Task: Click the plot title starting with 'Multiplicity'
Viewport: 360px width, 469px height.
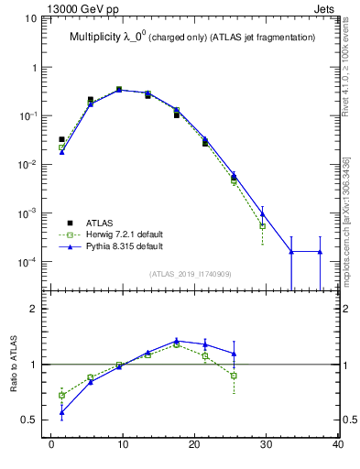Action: pyautogui.click(x=191, y=38)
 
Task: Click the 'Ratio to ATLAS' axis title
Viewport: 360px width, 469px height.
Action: pyautogui.click(x=16, y=364)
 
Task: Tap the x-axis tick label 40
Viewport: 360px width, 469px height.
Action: pyautogui.click(x=338, y=446)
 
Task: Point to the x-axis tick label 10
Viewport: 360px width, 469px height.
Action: pyautogui.click(x=122, y=446)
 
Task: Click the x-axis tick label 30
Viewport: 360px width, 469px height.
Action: pyautogui.click(x=266, y=446)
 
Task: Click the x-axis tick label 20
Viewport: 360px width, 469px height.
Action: pyautogui.click(x=194, y=446)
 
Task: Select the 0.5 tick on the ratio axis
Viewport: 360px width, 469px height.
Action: pyautogui.click(x=31, y=420)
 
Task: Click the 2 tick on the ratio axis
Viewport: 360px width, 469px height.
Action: pyautogui.click(x=35, y=309)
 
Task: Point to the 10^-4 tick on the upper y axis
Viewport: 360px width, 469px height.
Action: pyautogui.click(x=28, y=261)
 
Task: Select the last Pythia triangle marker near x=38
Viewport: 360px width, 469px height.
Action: pyautogui.click(x=320, y=251)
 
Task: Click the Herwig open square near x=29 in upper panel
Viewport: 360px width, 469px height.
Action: pyautogui.click(x=262, y=225)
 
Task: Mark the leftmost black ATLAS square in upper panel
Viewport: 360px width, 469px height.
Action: pyautogui.click(x=61, y=139)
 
